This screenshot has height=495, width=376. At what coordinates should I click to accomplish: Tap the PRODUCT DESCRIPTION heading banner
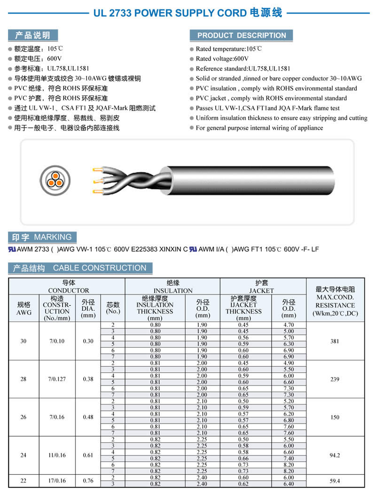coord(241,36)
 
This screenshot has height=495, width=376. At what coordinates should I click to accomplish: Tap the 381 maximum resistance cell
coord(335,341)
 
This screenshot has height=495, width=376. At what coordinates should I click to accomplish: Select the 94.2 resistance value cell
coord(335,455)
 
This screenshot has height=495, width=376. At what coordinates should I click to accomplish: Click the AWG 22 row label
coord(23,480)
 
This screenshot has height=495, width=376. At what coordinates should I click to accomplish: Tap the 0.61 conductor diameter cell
coord(88,455)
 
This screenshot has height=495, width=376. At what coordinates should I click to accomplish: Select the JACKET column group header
coord(261,287)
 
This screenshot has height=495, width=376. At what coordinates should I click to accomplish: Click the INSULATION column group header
coord(172,287)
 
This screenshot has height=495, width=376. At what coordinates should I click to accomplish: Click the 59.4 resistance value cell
coord(335,481)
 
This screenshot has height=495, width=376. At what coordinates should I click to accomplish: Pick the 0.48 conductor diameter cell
coord(88,417)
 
